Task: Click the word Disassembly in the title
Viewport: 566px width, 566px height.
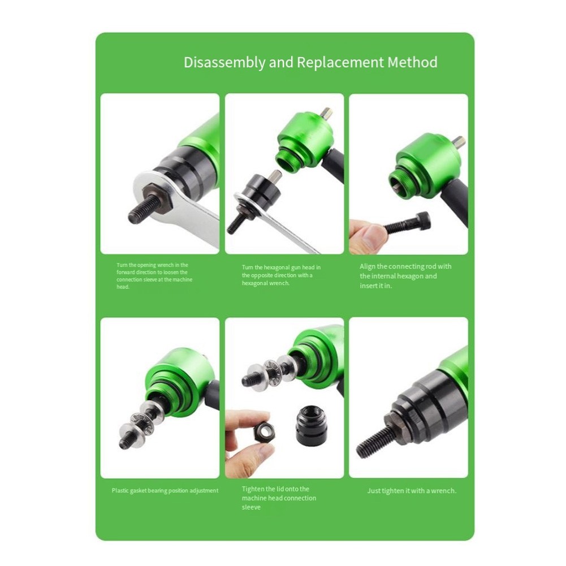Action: pos(224,62)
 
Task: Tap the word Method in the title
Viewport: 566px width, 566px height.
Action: pos(412,62)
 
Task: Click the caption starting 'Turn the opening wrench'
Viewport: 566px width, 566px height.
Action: pos(153,275)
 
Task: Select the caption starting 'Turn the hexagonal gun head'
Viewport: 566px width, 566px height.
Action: pos(281,275)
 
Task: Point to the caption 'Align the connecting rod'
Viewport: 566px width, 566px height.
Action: pos(406,276)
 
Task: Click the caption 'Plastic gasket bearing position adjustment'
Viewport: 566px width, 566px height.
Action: pos(165,491)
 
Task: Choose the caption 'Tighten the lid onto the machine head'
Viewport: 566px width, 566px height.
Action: pos(279,498)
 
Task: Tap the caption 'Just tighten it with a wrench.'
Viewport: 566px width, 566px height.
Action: pos(412,491)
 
